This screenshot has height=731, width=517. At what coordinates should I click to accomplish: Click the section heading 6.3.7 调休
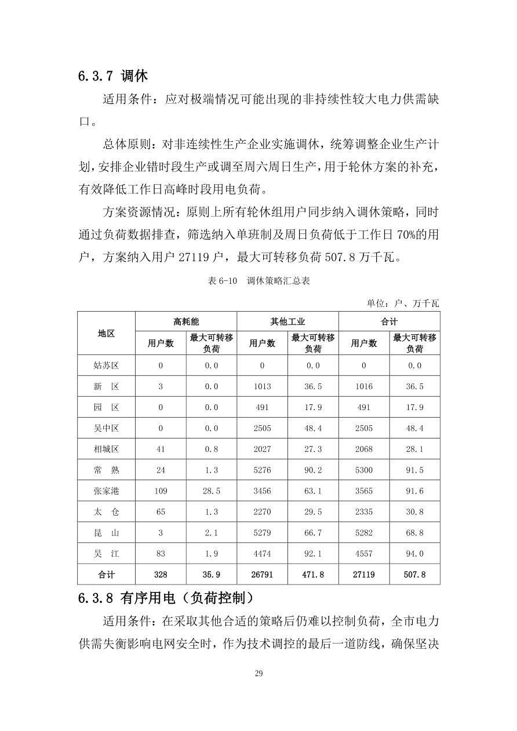point(113,75)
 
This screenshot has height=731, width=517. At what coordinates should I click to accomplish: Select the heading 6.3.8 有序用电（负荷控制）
point(166,597)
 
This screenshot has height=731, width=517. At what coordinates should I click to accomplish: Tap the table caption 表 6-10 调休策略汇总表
point(258,281)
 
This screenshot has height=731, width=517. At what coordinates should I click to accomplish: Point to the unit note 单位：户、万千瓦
point(403,303)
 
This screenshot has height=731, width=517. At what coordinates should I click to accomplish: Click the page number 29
point(258,673)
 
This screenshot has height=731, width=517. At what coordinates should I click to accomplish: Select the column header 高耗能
point(186,321)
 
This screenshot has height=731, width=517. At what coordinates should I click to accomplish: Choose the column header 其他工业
point(287,321)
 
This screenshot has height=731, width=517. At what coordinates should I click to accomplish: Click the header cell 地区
point(106,333)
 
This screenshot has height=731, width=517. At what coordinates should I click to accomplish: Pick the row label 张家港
point(106,491)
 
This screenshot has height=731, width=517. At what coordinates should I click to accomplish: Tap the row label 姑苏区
point(106,365)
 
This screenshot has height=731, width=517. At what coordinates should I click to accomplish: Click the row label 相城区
point(106,449)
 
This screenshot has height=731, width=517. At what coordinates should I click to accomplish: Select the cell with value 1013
point(262,386)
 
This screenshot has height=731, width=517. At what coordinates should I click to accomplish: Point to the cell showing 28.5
point(212,491)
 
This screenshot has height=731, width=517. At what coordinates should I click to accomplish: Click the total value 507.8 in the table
point(414,575)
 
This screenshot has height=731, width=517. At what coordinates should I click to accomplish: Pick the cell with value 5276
point(262,470)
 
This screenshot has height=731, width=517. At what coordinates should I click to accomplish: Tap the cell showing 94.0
point(414,554)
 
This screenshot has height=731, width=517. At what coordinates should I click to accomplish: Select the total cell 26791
point(262,575)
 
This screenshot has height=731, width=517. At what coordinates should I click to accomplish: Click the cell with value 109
point(161,491)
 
